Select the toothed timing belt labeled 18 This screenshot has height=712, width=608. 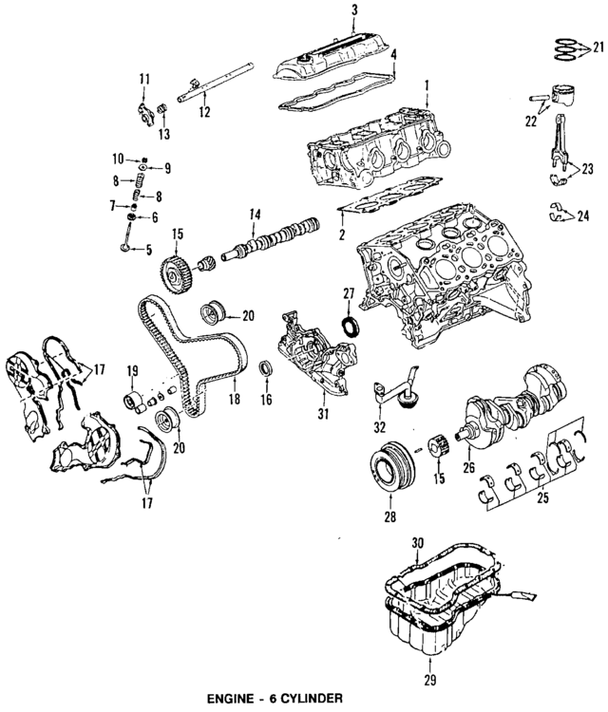(190, 361)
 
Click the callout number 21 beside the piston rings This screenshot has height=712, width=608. (598, 47)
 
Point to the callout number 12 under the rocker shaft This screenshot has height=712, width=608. (202, 112)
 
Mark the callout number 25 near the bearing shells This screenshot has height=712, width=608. (542, 497)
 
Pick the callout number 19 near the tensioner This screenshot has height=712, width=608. (133, 371)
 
